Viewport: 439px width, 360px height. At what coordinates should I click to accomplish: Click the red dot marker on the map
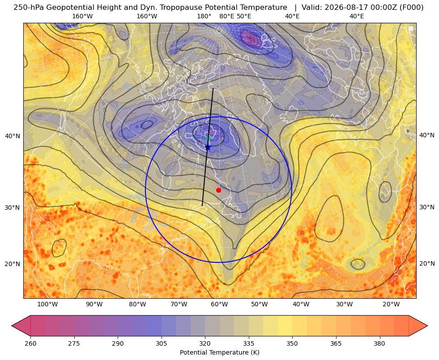(x=218, y=190)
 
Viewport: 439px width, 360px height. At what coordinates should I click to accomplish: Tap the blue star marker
(x=208, y=147)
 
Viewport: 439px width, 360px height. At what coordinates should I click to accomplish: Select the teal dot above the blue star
(x=208, y=138)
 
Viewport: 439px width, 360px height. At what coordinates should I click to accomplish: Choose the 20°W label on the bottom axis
(x=391, y=304)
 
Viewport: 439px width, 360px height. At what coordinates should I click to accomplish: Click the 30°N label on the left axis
(x=13, y=208)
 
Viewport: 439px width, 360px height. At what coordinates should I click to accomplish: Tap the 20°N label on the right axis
(x=427, y=263)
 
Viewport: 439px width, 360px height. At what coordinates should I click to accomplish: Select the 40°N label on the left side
(x=13, y=136)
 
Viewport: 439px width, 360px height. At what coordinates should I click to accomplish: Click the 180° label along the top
(x=204, y=16)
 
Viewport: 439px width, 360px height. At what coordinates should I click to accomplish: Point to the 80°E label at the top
(x=227, y=16)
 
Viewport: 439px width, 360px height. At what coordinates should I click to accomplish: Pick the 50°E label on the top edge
(x=244, y=16)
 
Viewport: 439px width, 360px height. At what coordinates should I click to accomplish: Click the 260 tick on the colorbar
(x=30, y=343)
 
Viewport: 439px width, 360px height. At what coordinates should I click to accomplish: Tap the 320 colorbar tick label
(x=205, y=343)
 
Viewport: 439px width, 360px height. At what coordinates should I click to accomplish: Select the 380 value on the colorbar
(x=379, y=343)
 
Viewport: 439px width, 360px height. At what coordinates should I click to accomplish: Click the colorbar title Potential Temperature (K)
(x=219, y=352)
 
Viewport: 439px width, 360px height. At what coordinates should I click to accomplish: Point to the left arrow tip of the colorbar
(x=12, y=326)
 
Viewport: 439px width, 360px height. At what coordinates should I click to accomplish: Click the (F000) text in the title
(x=413, y=8)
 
